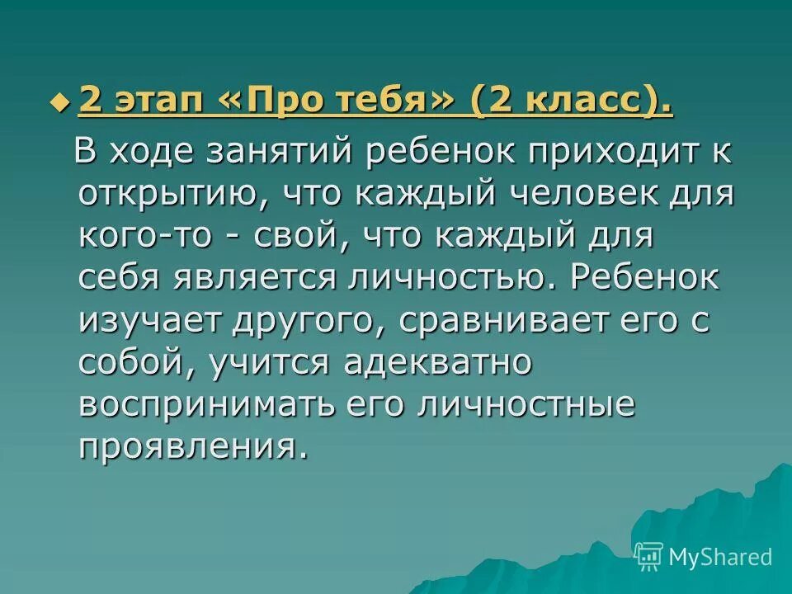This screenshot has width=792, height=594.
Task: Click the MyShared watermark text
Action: tap(720, 557)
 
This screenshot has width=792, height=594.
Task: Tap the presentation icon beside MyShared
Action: tap(649, 556)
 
